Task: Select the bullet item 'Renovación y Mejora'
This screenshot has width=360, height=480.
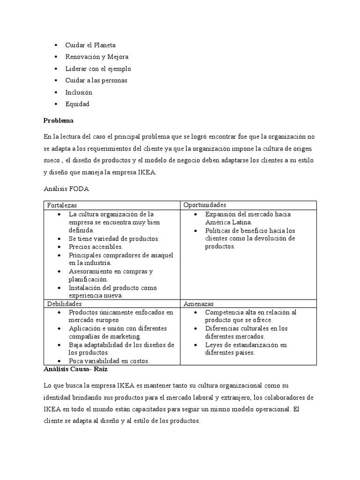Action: (x=97, y=57)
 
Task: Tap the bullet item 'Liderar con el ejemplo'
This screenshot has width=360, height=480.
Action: (x=98, y=68)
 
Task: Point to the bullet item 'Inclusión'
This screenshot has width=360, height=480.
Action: (x=79, y=92)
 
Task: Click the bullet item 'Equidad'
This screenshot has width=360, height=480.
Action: (x=77, y=104)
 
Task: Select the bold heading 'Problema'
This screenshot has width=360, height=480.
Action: (x=59, y=120)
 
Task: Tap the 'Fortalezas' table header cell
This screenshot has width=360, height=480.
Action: (x=62, y=205)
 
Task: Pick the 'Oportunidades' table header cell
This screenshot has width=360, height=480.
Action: (x=204, y=205)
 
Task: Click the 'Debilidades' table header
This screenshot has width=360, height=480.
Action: (x=64, y=304)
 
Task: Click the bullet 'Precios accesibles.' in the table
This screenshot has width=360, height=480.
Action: (x=96, y=247)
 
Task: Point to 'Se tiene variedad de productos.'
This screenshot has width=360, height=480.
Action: (x=114, y=239)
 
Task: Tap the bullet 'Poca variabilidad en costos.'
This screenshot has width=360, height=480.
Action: (x=109, y=361)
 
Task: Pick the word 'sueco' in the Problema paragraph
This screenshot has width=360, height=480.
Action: (x=52, y=161)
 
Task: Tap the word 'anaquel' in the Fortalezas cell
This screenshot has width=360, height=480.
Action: (x=161, y=255)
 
